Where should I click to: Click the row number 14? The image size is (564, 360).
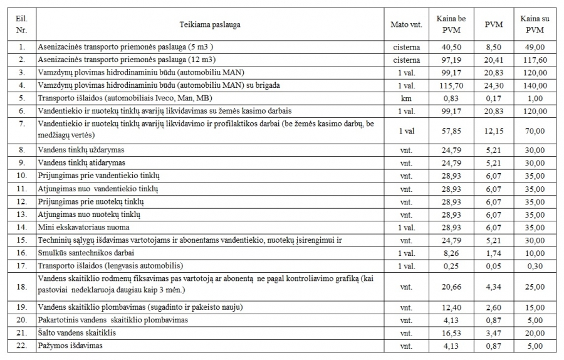point(23,227)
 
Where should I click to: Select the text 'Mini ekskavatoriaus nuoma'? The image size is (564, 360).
point(84,227)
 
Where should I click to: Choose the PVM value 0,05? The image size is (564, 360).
point(490,265)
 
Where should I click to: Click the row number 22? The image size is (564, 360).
point(23,345)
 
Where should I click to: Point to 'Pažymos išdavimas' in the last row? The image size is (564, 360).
point(70,345)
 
